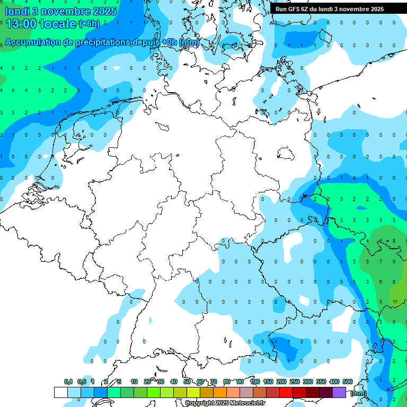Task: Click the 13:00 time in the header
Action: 21,24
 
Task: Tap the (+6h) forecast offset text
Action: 89,24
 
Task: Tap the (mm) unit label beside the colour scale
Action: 359,393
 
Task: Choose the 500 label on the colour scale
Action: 348,382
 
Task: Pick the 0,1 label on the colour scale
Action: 68,382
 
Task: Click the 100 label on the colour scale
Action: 255,382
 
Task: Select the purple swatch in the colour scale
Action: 339,392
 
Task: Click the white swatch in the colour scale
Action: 61,392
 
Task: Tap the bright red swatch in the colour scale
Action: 286,392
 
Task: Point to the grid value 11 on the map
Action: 395,302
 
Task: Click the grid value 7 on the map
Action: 381,261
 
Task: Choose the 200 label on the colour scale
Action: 281,382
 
